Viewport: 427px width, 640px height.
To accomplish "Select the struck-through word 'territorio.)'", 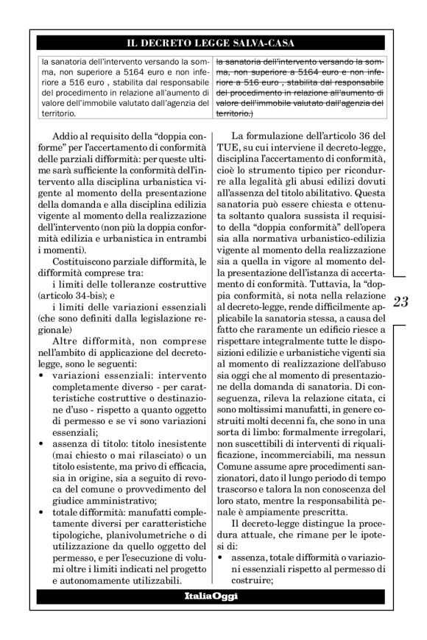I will coord(235,114).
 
